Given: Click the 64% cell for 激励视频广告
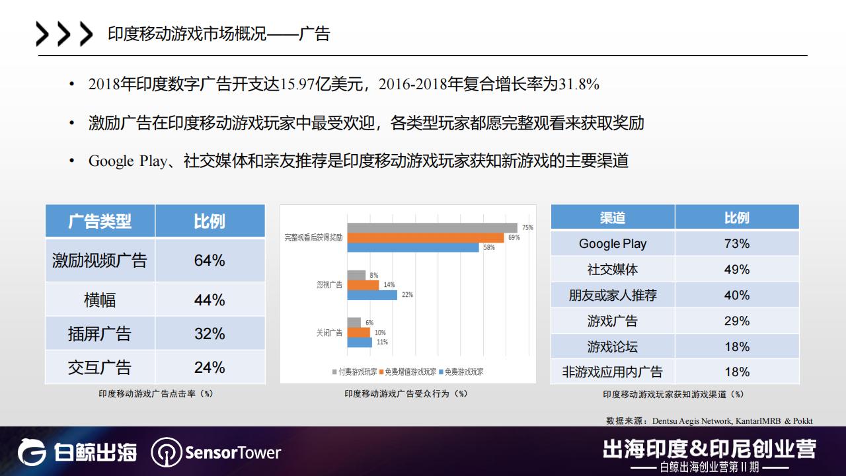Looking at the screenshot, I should click(x=210, y=260).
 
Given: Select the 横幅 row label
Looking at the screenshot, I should click(x=100, y=300).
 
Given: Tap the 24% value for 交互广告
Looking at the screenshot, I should click(x=210, y=368).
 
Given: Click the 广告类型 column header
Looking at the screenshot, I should click(x=100, y=221).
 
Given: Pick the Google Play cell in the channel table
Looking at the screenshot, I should click(x=612, y=243).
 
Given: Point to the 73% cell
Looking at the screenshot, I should click(x=736, y=243).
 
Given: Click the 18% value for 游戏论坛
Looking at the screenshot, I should click(x=736, y=346).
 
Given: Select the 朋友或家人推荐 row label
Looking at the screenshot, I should click(x=612, y=295).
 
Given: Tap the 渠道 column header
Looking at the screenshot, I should click(x=612, y=218).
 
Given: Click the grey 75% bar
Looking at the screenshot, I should click(x=432, y=228).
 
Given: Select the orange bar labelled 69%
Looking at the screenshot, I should click(x=426, y=238).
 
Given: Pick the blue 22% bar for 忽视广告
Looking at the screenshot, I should click(x=372, y=295).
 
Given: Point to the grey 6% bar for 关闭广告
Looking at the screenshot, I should click(x=354, y=323).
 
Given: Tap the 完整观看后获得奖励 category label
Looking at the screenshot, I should click(x=313, y=237).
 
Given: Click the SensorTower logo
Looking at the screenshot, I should click(x=216, y=453).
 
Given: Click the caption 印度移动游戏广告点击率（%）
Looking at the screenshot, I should click(x=156, y=393).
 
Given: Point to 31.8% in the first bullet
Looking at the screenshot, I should click(x=579, y=85).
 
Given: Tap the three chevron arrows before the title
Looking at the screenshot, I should click(x=64, y=34).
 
